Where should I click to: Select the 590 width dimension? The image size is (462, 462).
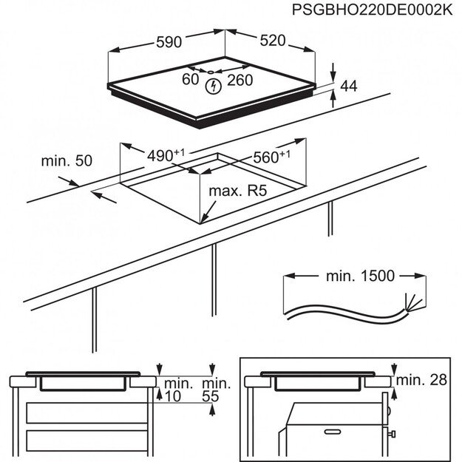tap(169, 42)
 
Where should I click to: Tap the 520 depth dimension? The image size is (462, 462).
tap(271, 41)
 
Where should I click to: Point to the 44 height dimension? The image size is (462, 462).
tap(348, 86)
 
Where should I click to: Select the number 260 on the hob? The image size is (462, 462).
tap(240, 79)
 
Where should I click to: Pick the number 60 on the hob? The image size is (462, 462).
tap(191, 78)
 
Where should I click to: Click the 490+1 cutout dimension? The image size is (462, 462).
tap(165, 155)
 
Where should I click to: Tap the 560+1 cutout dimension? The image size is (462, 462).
tap(271, 156)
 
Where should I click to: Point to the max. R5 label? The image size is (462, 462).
tap(237, 191)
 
